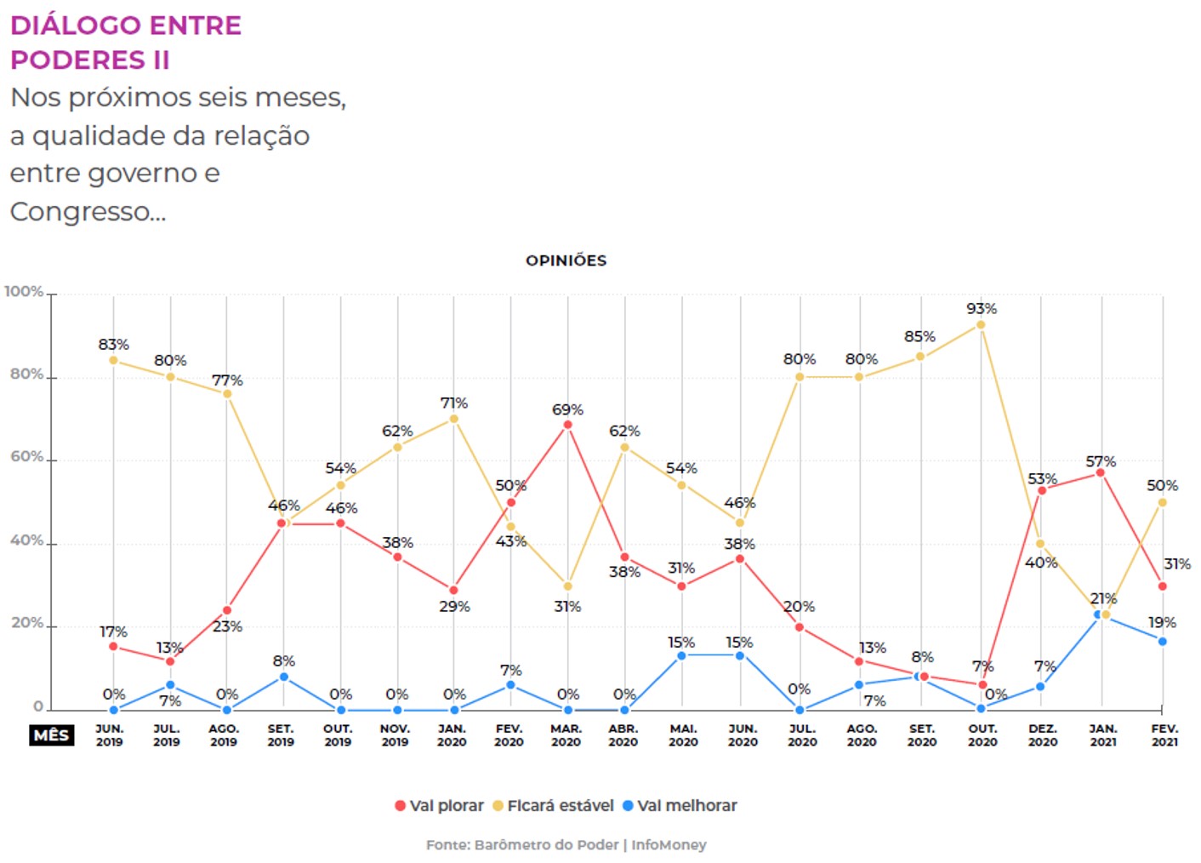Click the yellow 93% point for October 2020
981,324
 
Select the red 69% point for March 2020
567,425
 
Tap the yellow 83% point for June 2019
113,360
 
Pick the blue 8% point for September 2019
283,677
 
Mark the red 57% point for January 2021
1100,472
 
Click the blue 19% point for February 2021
1162,641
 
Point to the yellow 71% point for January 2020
453,419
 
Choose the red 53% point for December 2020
1042,490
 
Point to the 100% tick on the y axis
24,292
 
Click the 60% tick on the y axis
27,457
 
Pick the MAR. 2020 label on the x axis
566,735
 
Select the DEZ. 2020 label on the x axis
1043,735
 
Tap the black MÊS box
51,735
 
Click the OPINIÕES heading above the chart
566,260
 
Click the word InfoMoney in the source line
669,845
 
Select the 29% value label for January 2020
454,607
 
